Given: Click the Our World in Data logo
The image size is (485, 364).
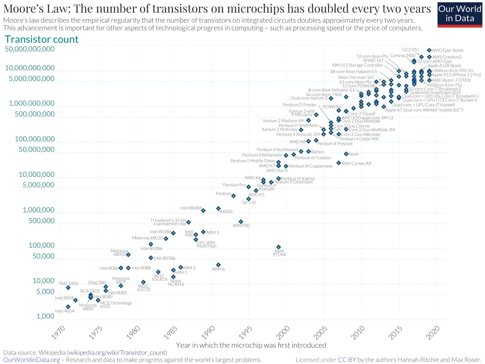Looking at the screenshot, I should click(x=459, y=14).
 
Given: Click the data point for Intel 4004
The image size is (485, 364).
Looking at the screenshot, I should click(x=68, y=307).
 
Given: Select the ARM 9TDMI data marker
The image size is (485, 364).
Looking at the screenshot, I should click(x=278, y=247).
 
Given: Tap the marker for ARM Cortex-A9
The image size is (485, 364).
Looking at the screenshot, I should click(x=339, y=163).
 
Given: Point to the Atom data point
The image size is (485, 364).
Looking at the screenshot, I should click(x=346, y=154).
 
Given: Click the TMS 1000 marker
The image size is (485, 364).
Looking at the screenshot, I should click(x=68, y=287).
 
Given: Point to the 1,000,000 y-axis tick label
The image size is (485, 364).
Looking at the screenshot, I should click(x=38, y=210).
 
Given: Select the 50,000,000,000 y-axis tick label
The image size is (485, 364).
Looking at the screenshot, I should click(x=30, y=49).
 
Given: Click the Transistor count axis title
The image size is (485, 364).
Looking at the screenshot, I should click(x=42, y=39).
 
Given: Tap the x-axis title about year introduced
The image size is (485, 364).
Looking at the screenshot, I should click(x=251, y=345).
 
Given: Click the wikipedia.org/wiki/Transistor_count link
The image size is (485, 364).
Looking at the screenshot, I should click(x=117, y=352).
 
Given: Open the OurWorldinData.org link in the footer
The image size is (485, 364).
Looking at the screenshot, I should click(x=31, y=360).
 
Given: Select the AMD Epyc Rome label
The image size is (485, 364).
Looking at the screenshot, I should click(x=447, y=50).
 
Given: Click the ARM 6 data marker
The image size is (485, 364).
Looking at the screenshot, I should click(x=218, y=265).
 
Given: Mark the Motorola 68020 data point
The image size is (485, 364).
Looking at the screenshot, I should click(x=166, y=239).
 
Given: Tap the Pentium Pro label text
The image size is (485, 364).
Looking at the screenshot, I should click(x=234, y=185).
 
